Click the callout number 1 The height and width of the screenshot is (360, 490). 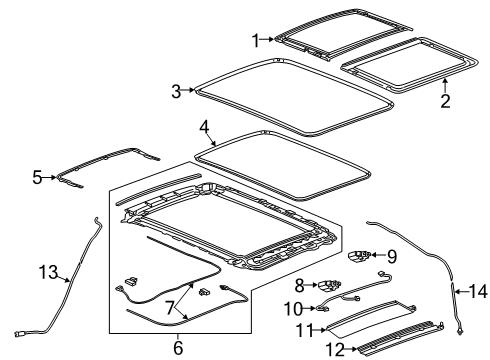pos(255,40)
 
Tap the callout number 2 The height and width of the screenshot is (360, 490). pos(445,100)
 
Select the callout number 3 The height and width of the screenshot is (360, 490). pos(175,91)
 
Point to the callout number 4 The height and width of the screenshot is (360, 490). pos(203,127)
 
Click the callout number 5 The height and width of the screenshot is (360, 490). pos(37,178)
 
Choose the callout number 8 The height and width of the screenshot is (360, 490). pos(298,284)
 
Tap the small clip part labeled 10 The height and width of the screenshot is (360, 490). pos(321,308)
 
